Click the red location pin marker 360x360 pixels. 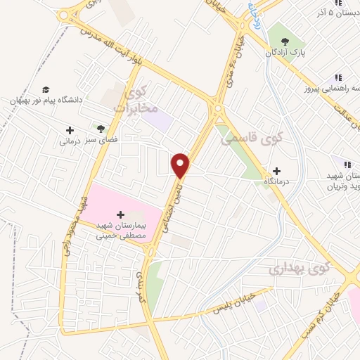tap(181, 165)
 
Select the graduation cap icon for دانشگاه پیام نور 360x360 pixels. tap(46, 89)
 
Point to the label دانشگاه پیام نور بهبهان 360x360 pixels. tap(46, 101)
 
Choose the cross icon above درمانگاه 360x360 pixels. tap(276, 171)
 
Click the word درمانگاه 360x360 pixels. tap(276, 182)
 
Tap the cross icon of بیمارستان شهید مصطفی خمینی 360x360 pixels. tap(120, 214)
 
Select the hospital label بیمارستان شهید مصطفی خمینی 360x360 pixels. tap(120, 231)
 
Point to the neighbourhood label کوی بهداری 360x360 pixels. tap(299, 267)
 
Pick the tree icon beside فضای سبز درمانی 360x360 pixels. tap(101, 129)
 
